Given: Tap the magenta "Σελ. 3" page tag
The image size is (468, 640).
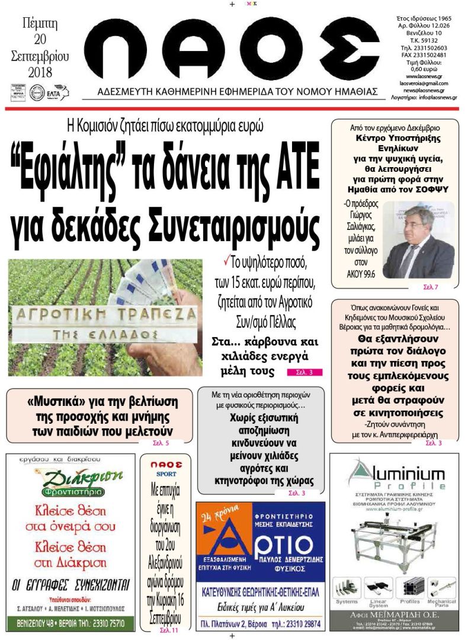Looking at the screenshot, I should click(x=304, y=373).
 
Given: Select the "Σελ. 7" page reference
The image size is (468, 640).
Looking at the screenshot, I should click(x=430, y=287).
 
